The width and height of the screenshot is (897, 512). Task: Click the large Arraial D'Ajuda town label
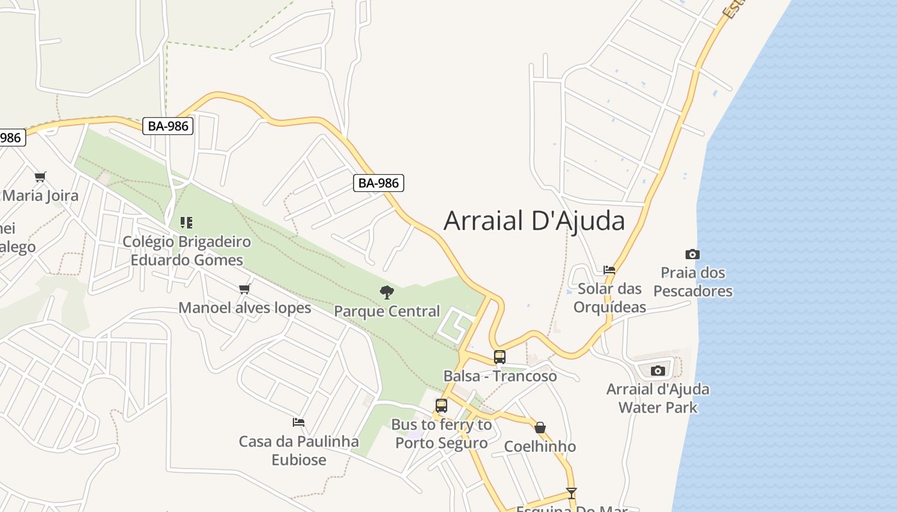[x=534, y=221]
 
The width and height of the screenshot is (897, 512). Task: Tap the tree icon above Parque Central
[x=386, y=292]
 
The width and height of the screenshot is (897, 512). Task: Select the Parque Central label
[x=387, y=312]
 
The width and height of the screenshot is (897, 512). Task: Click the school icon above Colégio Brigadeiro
[x=186, y=223]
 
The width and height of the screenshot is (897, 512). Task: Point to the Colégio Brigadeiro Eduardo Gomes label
[x=186, y=251]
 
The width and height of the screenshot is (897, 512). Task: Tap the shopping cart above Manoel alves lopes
[x=244, y=289]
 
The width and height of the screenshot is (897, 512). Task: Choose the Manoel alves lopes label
[x=245, y=308]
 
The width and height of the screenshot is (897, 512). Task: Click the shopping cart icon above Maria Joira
[x=40, y=177]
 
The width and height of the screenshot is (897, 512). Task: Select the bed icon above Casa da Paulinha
[x=299, y=422]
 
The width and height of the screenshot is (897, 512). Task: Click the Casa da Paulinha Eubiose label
[x=299, y=451]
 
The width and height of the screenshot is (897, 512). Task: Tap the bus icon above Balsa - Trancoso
[x=500, y=357]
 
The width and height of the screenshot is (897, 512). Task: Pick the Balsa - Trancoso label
[x=500, y=376]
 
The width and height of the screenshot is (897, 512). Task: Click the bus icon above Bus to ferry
[x=441, y=405]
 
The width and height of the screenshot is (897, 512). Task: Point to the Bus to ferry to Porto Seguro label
[x=441, y=433]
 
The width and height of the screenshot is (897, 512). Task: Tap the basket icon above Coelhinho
[x=540, y=428]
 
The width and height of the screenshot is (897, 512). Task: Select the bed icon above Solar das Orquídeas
[x=609, y=270]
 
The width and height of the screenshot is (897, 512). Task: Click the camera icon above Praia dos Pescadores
[x=693, y=254]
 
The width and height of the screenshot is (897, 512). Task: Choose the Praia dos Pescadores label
[x=693, y=282]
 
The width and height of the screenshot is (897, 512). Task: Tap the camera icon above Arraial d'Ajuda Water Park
[x=658, y=371]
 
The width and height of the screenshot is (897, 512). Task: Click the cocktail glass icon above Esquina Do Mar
[x=571, y=493]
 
